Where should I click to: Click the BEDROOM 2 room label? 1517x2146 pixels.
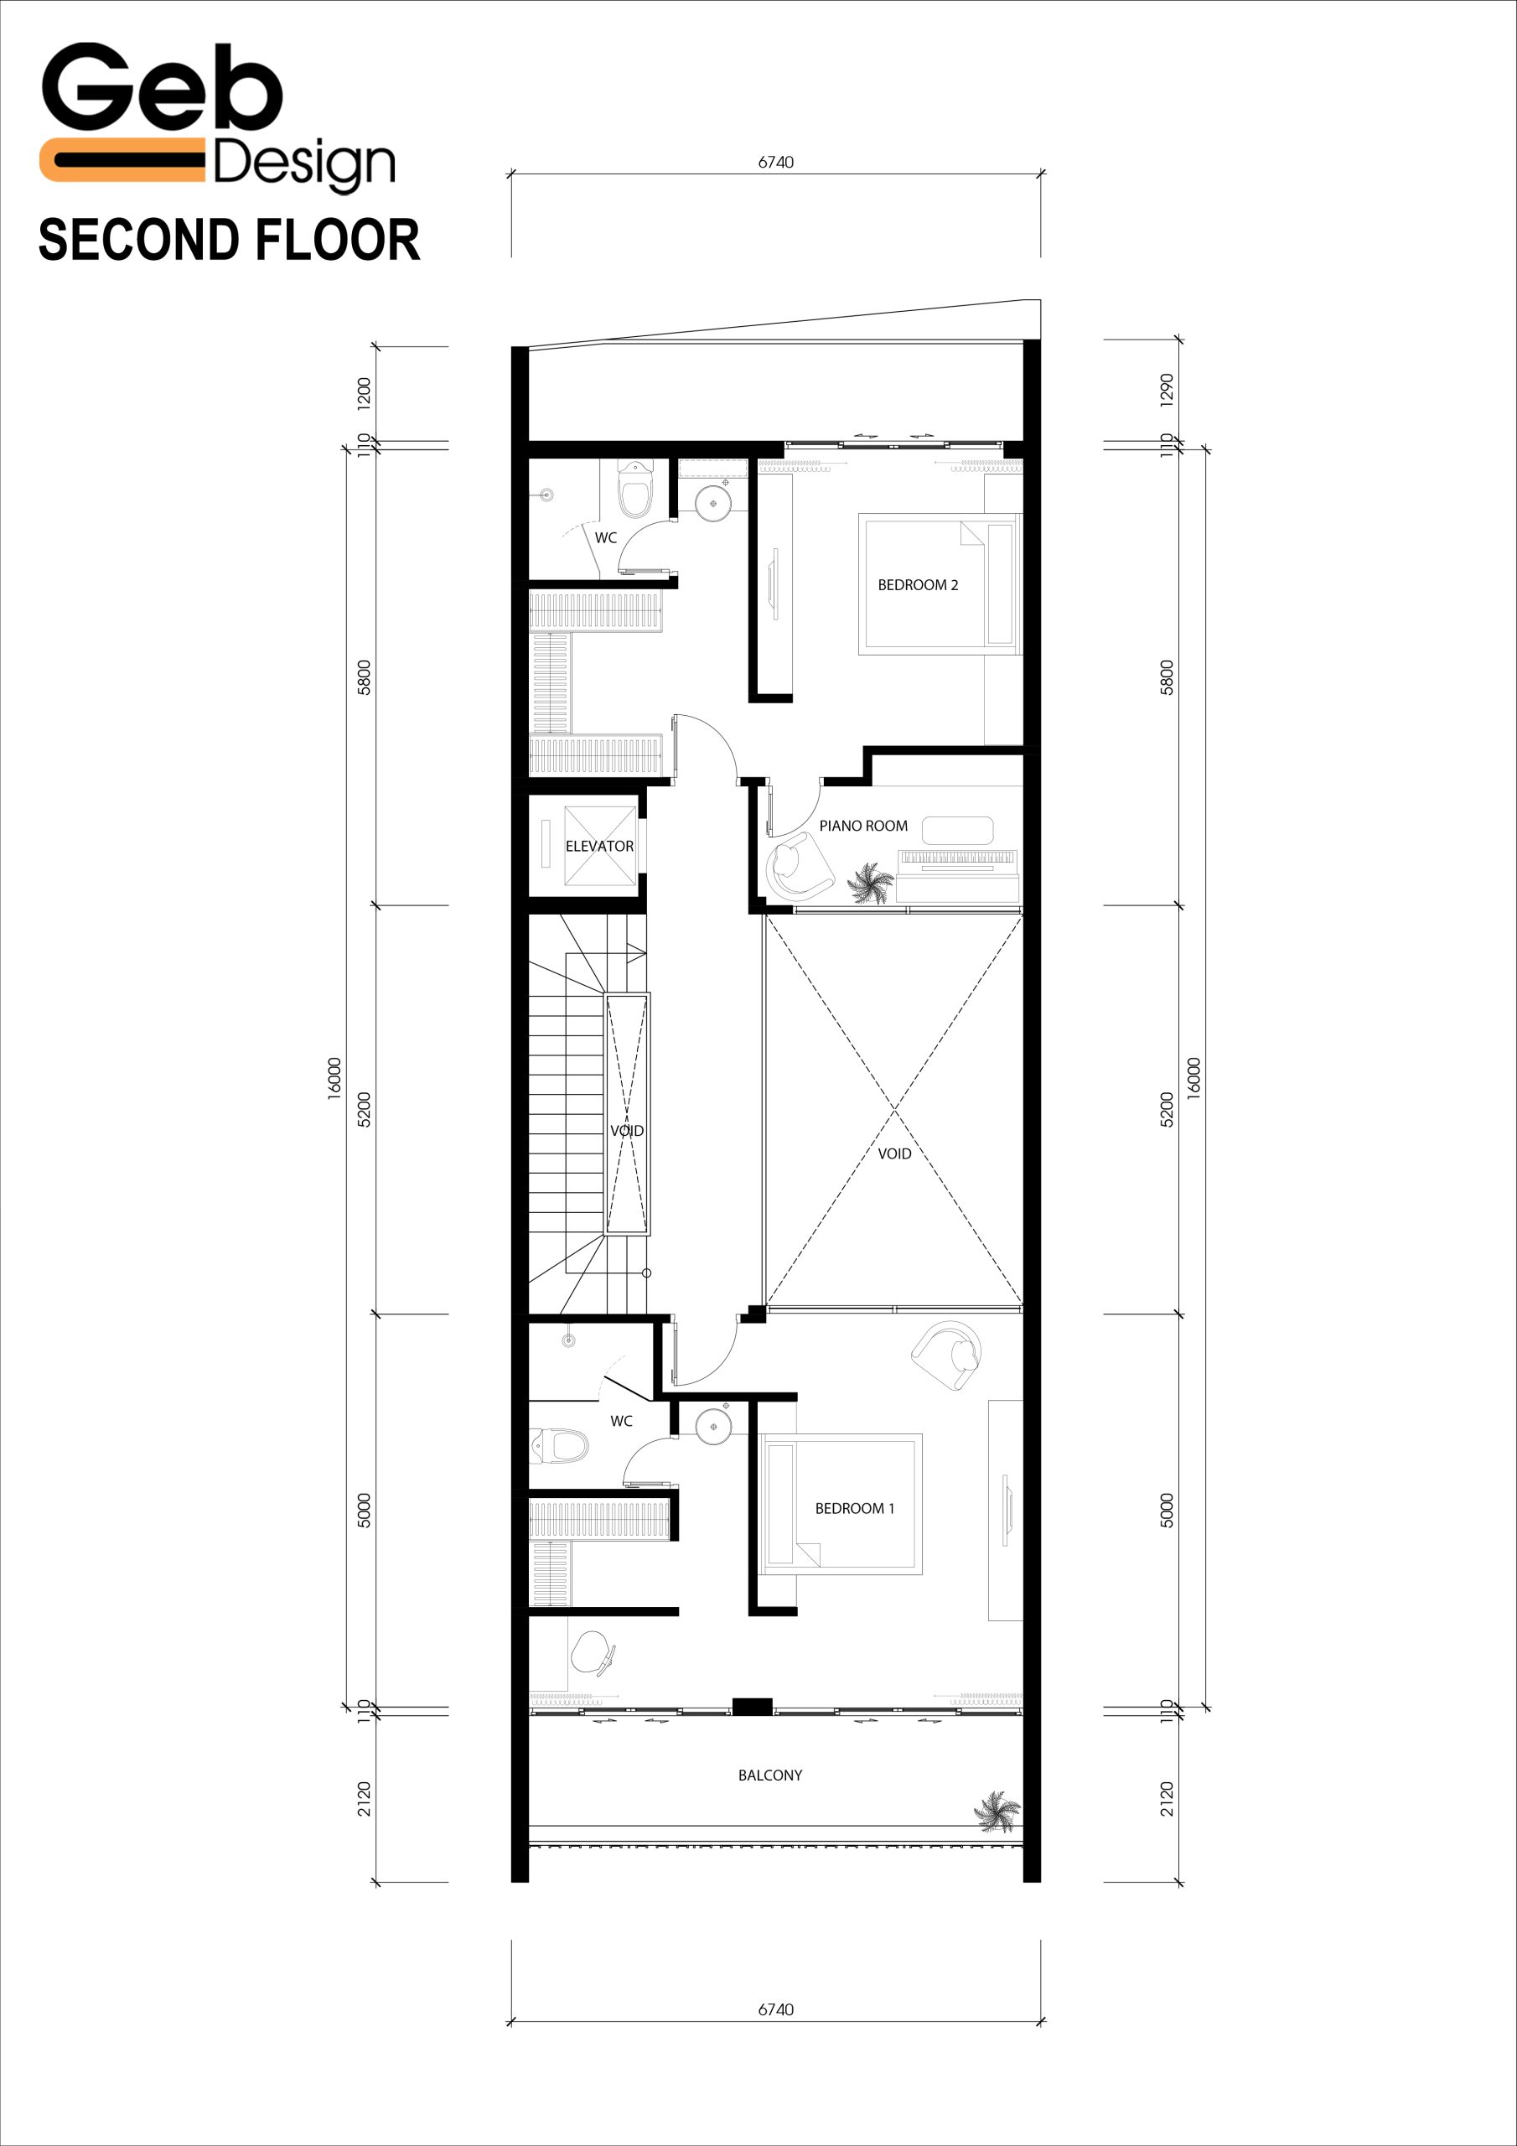(x=918, y=585)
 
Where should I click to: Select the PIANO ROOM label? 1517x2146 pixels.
(x=863, y=827)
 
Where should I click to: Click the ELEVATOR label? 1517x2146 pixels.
(x=599, y=846)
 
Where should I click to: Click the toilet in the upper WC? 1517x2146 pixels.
(x=635, y=489)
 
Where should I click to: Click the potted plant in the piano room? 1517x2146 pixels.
(x=870, y=884)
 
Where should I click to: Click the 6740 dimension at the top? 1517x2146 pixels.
(x=776, y=162)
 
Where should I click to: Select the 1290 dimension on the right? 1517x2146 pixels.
(x=1167, y=390)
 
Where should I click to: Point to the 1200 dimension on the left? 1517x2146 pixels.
(x=365, y=392)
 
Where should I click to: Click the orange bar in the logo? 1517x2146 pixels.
(x=122, y=160)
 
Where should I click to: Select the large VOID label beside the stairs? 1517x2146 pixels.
(x=894, y=1153)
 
